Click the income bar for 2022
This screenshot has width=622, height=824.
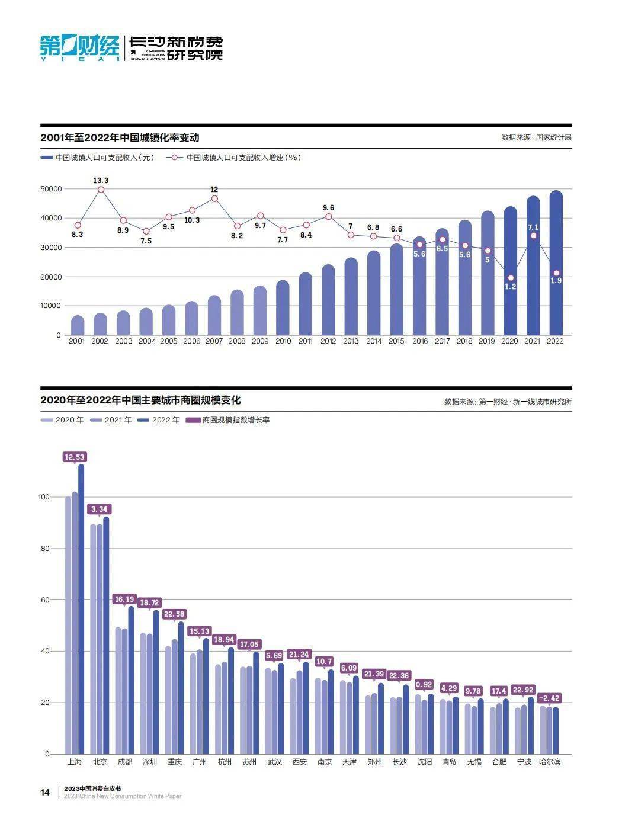click(556, 264)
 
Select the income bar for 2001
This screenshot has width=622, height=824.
click(78, 325)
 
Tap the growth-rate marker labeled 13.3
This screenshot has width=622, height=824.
click(101, 190)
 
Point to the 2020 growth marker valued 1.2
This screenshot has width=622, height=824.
click(510, 278)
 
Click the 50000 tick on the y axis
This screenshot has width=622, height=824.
click(50, 189)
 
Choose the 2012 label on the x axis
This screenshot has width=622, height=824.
click(328, 341)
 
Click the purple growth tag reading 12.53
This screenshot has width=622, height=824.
click(75, 457)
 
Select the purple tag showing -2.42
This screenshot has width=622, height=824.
click(549, 698)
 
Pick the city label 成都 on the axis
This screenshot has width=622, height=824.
click(124, 762)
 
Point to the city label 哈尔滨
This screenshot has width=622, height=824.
click(549, 762)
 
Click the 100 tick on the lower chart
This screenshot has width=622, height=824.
click(44, 497)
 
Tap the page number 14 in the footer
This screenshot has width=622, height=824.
click(45, 792)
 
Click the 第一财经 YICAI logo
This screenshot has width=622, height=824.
click(79, 48)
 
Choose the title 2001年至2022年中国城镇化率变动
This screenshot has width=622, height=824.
click(120, 137)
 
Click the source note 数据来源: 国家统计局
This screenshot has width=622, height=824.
click(536, 137)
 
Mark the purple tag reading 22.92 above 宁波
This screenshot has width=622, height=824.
click(524, 690)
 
